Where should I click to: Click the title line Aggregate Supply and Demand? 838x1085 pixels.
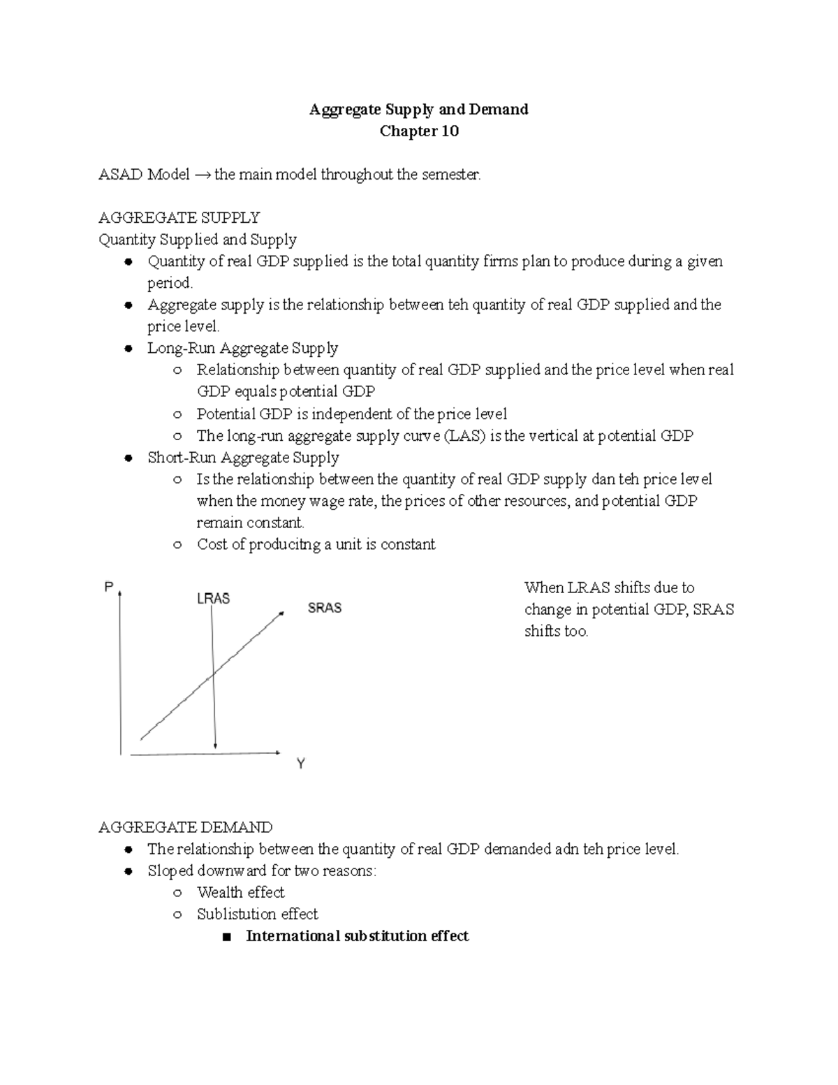coord(419,110)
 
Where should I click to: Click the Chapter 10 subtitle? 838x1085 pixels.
coord(419,131)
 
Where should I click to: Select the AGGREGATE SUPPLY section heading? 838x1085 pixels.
coord(179,218)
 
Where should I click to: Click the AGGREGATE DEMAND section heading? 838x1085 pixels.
coord(185,827)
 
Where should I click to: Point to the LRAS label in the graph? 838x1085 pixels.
coord(213,599)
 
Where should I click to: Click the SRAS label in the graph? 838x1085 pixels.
coord(325,608)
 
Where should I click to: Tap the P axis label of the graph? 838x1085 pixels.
coord(108,588)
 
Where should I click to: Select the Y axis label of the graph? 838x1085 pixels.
coord(301,764)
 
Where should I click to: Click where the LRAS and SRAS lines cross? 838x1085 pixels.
coord(214,673)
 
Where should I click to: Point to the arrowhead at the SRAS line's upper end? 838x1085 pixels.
coord(281,613)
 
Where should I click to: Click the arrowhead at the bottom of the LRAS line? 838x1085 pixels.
coord(215,745)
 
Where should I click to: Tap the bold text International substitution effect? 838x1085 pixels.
coord(357,936)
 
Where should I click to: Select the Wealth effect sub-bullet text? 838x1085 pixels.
coord(240,892)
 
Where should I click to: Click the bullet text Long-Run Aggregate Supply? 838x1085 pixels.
coord(242,348)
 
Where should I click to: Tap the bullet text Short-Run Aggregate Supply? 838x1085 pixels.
coord(243,458)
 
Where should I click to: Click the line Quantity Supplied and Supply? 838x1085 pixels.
coord(198,240)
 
